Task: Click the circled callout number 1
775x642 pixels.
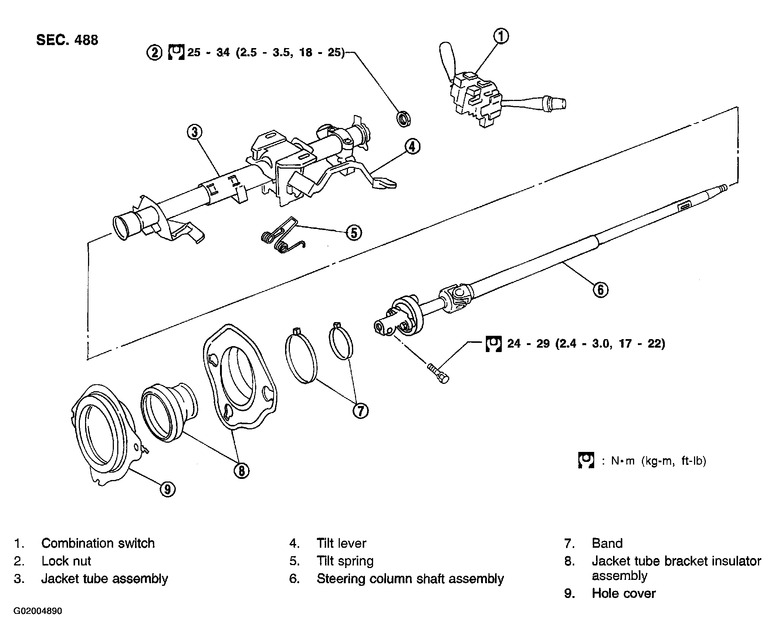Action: click(501, 37)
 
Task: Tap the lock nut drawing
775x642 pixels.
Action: click(403, 119)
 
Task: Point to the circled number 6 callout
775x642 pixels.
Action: click(600, 290)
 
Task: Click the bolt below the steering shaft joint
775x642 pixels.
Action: click(438, 374)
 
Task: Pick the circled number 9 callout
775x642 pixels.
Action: click(167, 489)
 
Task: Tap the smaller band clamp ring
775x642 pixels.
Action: click(341, 341)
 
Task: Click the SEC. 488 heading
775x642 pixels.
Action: click(67, 40)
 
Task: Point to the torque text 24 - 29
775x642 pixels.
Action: click(586, 344)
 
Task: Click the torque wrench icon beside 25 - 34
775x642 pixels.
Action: click(176, 52)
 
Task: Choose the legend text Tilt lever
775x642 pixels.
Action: click(341, 543)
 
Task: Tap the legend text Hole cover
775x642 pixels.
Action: click(623, 593)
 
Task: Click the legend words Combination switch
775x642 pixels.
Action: click(98, 543)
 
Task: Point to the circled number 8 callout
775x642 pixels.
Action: click(241, 470)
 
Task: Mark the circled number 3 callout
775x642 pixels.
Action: click(194, 132)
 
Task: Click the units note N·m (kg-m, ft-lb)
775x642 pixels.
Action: click(659, 461)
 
